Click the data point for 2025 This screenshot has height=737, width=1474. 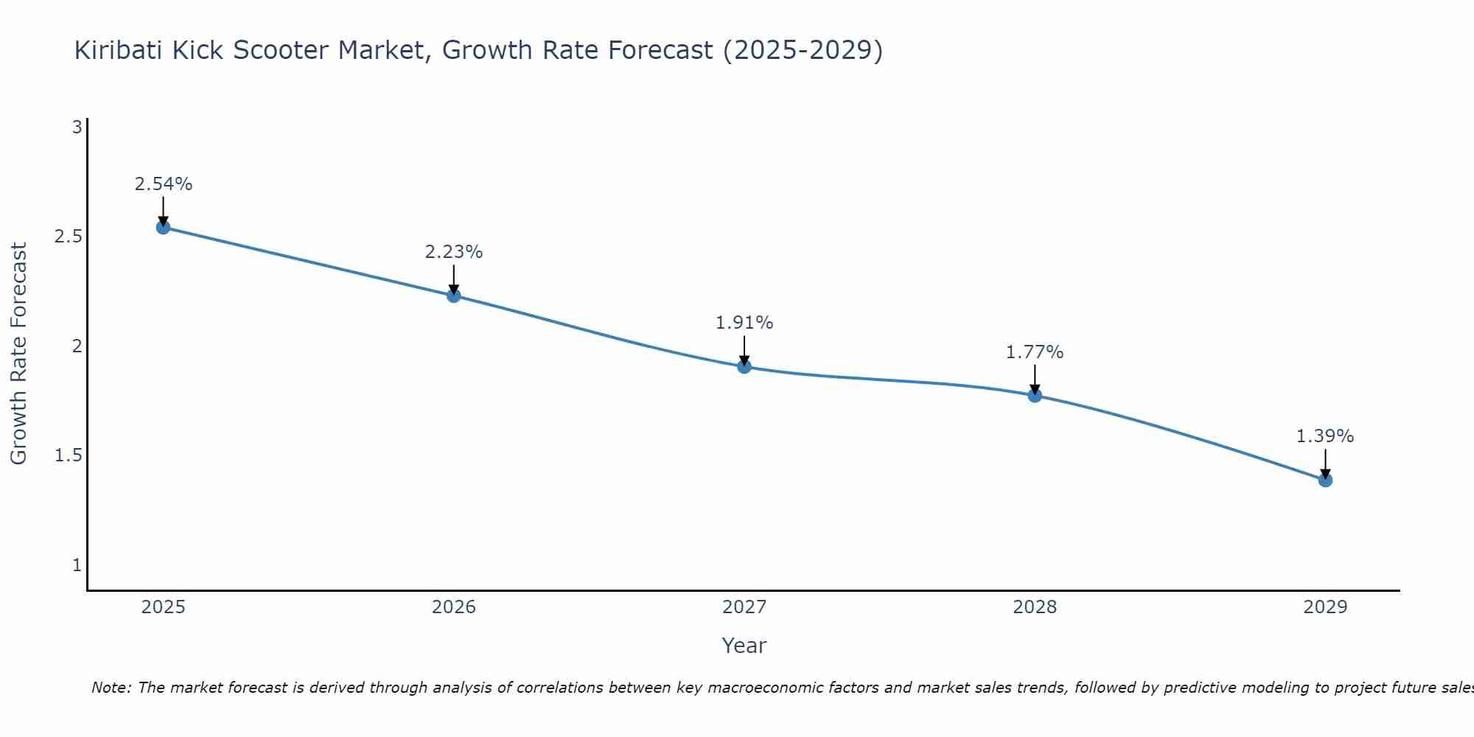[x=164, y=227]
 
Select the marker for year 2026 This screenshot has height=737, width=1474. [x=454, y=296]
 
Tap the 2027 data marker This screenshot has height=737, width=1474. [x=744, y=366]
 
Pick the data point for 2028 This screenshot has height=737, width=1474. [x=1035, y=396]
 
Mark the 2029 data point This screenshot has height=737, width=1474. [x=1325, y=480]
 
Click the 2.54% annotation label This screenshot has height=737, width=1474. [x=164, y=184]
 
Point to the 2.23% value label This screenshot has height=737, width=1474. [x=454, y=252]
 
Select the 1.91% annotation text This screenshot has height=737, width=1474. [x=744, y=323]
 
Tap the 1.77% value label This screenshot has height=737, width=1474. [x=1035, y=352]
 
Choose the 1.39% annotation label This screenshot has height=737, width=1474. [x=1325, y=436]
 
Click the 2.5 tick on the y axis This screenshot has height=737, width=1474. [x=68, y=237]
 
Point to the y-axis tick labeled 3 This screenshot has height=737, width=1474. [x=77, y=128]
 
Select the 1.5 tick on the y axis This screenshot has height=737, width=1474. [x=68, y=455]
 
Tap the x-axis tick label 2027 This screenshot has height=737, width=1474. [x=744, y=607]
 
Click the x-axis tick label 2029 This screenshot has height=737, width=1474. [x=1325, y=607]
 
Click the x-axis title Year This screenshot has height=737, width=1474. [x=744, y=646]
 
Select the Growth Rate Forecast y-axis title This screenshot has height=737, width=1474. [x=18, y=354]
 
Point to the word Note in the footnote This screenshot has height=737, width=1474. [x=111, y=688]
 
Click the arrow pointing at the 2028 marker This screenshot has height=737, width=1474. [x=1035, y=379]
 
